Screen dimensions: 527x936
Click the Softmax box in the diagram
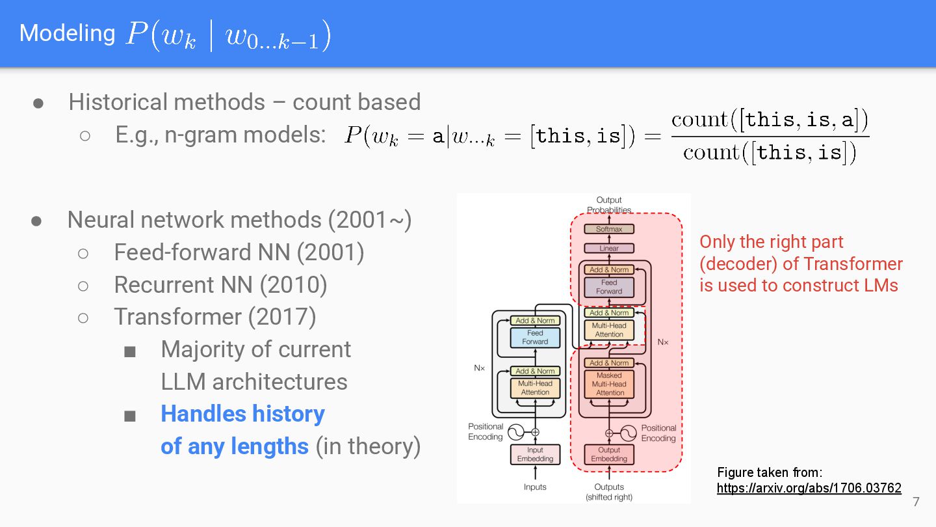(x=609, y=229)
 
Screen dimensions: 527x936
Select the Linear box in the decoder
(x=609, y=249)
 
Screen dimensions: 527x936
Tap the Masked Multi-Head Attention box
(x=610, y=384)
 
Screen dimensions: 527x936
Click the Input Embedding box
(x=535, y=454)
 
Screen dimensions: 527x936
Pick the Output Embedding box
(x=609, y=454)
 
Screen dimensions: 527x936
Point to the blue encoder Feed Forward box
(x=535, y=337)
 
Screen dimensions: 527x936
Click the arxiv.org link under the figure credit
(x=809, y=488)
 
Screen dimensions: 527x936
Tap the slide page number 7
(x=916, y=502)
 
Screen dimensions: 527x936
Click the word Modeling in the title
(x=67, y=33)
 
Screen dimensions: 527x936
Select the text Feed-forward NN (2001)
(x=239, y=252)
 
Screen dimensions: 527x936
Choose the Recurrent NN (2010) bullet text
(x=220, y=285)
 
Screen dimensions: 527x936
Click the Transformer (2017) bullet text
(x=214, y=317)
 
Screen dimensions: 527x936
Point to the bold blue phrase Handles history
(x=242, y=414)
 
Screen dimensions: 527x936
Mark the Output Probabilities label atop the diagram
(x=609, y=204)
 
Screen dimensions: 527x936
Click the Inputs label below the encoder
(x=535, y=487)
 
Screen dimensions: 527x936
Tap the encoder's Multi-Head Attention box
(x=535, y=388)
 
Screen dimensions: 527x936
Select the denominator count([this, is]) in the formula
(x=770, y=153)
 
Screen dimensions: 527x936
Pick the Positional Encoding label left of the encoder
(x=486, y=432)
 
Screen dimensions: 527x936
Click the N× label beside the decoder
(x=662, y=342)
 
